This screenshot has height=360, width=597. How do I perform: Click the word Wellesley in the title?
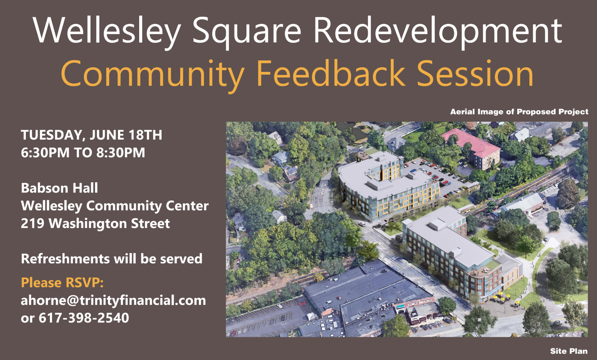(x=107, y=30)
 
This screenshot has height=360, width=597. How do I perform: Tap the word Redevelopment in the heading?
(x=437, y=30)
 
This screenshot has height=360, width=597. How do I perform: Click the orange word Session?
(x=475, y=73)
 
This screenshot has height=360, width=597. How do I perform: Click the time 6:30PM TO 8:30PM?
(x=83, y=153)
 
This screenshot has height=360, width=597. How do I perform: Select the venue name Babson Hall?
(x=59, y=188)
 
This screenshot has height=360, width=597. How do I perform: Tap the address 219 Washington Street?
(x=95, y=223)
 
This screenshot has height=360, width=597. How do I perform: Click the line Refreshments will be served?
(x=111, y=259)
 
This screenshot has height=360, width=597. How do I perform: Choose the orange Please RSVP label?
(x=62, y=283)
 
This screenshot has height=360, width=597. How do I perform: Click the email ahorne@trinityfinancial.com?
(x=113, y=300)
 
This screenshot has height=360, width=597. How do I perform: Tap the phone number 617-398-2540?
(x=84, y=318)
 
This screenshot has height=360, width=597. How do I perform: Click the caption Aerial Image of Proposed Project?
(x=519, y=112)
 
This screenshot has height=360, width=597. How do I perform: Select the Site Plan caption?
(x=568, y=351)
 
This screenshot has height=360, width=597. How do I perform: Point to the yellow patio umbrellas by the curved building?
(x=502, y=297)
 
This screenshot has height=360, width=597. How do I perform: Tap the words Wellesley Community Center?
(x=114, y=206)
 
